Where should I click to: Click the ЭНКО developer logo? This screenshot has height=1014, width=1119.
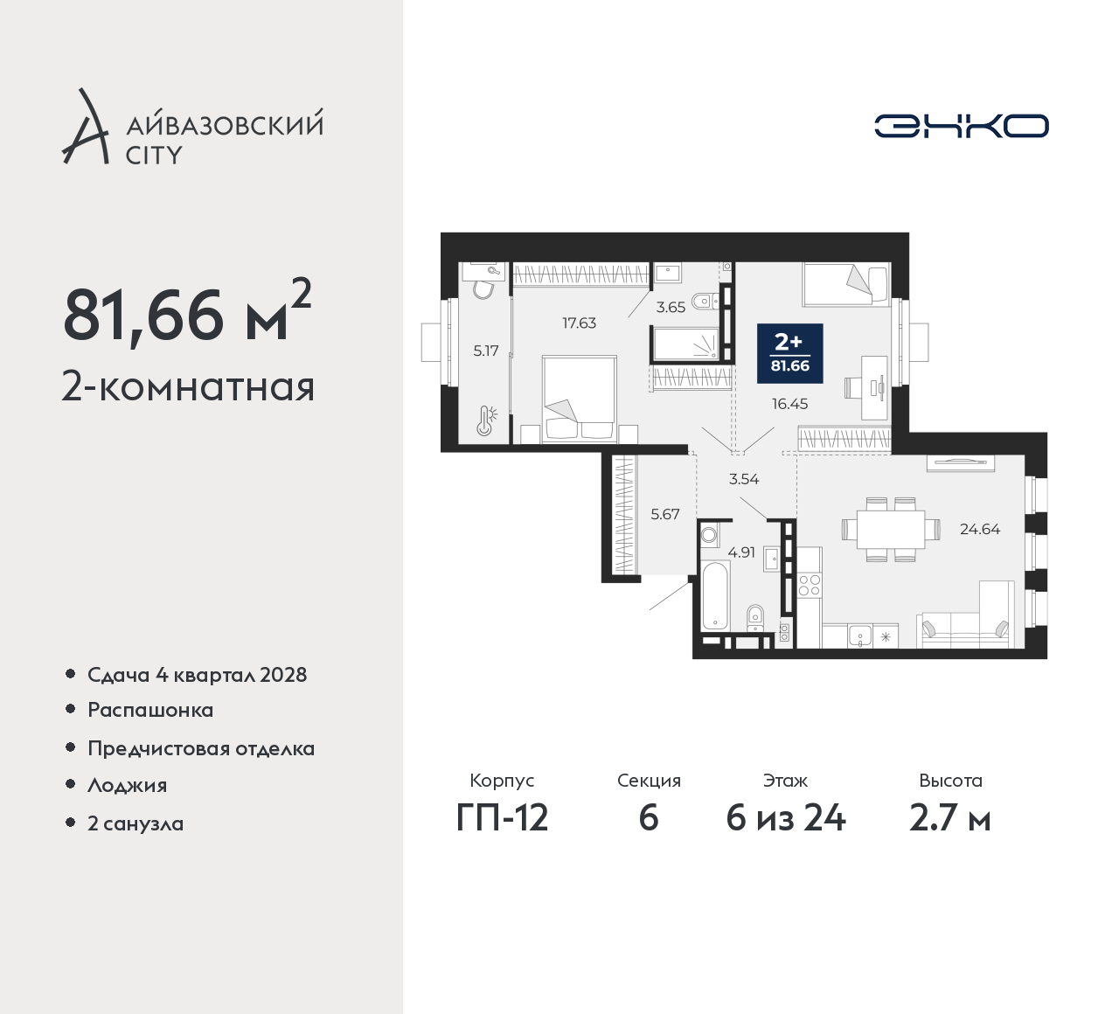coord(961,126)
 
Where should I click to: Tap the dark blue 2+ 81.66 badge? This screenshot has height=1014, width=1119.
coord(790,353)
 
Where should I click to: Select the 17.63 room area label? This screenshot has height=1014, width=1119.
coord(579,323)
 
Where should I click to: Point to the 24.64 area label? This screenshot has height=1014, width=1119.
coord(979,529)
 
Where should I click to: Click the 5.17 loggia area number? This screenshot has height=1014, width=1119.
coord(486,351)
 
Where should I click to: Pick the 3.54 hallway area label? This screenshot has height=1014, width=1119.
coord(744,478)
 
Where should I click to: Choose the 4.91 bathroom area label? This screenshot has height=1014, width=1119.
coord(741,552)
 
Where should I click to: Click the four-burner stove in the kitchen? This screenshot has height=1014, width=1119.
coord(810,586)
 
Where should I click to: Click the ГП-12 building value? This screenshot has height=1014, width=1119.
coord(503,818)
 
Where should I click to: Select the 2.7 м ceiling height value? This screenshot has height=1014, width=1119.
coord(950,818)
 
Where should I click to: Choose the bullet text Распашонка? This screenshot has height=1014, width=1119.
coord(150,710)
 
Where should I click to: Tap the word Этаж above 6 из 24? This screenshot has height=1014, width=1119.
coord(785,781)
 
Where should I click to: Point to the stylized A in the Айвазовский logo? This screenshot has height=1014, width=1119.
coord(86,127)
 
